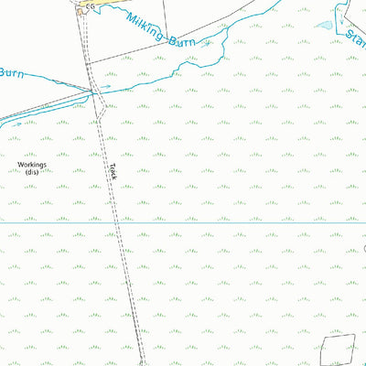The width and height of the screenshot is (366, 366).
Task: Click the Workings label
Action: click(x=33, y=165)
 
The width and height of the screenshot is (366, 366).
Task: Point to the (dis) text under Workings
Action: click(x=33, y=172)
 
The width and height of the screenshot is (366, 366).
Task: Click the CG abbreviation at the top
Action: click(x=89, y=6)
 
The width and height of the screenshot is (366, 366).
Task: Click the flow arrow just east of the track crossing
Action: click(x=105, y=88)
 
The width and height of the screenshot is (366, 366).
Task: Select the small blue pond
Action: click(x=325, y=25)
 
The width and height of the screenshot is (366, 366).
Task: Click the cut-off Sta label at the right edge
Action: click(x=356, y=39)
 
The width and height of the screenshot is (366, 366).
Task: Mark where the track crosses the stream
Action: click(x=93, y=90)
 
